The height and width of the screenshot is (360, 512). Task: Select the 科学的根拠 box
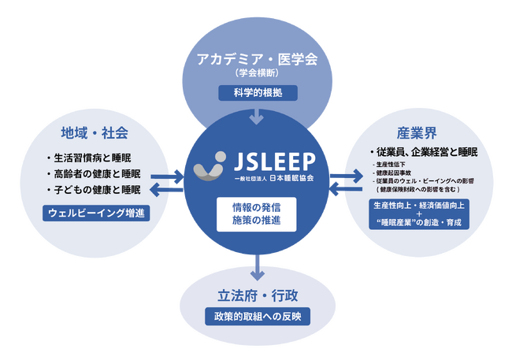258,93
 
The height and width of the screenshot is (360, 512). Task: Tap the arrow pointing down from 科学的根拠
258,117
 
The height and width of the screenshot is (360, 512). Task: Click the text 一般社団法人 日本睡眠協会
274,179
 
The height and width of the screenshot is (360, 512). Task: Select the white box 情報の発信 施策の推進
258,215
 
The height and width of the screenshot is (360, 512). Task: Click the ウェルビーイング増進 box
95,213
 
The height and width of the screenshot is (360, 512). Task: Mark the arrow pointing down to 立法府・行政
258,268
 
